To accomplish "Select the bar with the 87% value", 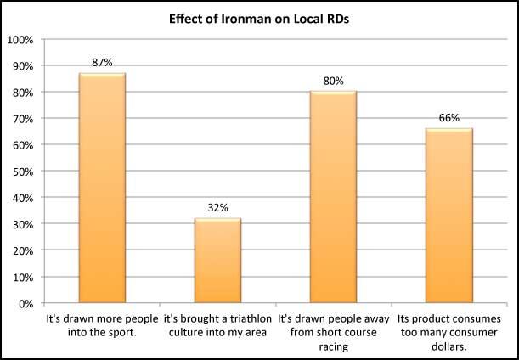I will tap(102, 188).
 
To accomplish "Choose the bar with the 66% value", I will tap(448, 216).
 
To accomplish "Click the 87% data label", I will tap(102, 63).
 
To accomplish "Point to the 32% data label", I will tap(217, 208).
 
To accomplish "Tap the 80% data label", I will tap(333, 82).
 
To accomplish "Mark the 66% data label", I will tap(448, 118).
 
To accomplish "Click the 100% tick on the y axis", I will tap(20, 40).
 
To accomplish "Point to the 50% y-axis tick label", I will tap(22, 172).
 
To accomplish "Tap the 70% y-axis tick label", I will tap(22, 119).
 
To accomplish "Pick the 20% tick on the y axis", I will tap(22, 250).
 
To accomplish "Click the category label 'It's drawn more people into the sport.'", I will tap(102, 325).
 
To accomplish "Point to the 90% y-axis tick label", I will tap(22, 66).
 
